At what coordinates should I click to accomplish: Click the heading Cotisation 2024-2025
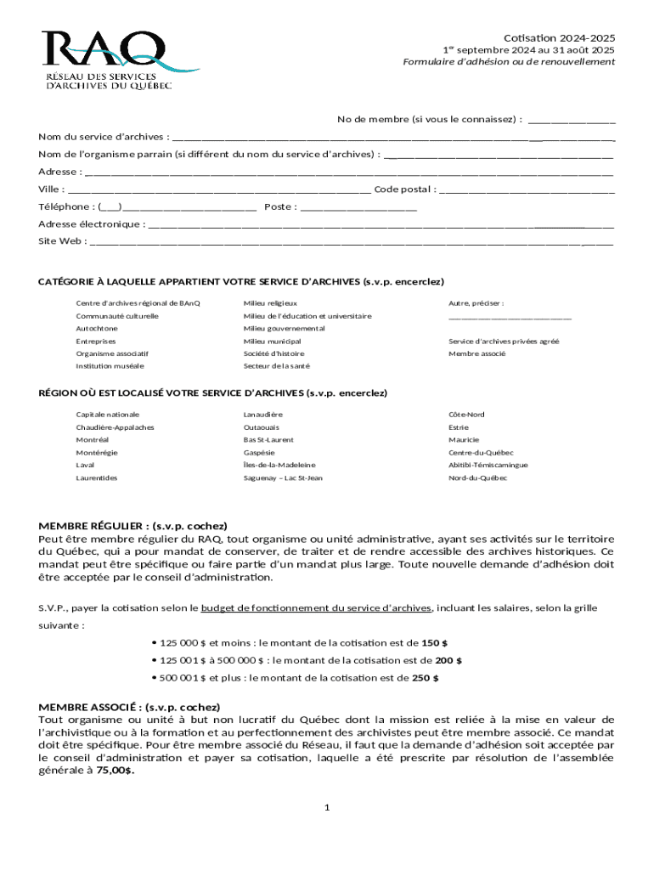point(559,38)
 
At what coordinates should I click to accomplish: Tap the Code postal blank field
point(527,189)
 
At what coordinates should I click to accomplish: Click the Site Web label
point(61,241)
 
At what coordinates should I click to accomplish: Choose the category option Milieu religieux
point(270,303)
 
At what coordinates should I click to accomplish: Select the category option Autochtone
point(97,328)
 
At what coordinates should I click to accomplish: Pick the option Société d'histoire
point(273,353)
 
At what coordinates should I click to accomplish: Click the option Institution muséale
point(110,366)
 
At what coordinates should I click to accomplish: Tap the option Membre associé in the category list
point(477,353)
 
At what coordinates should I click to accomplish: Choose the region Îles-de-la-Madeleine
point(279,466)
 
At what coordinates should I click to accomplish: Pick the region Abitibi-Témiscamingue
point(488,466)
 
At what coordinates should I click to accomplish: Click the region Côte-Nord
point(466,415)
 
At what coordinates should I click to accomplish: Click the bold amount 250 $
point(426,678)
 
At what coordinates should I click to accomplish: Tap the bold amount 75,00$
point(116,771)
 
